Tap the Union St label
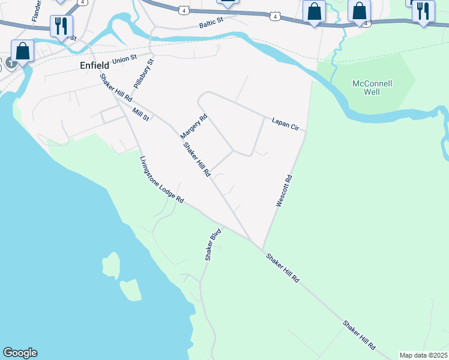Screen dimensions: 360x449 (x=124, y=58)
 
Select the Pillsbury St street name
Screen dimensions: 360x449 (x=144, y=74)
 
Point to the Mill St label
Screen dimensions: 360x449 (x=142, y=115)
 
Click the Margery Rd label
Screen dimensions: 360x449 (x=193, y=127)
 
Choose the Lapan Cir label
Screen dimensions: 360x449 (x=285, y=124)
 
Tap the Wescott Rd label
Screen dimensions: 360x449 (x=283, y=191)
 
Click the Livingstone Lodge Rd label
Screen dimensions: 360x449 (x=160, y=179)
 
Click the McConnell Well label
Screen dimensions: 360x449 (x=372, y=88)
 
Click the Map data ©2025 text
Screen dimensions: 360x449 (x=423, y=355)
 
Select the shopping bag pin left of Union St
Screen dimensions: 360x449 (x=23, y=52)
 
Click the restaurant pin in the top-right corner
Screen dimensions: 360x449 (x=423, y=11)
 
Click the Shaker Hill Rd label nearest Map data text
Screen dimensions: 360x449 (x=359, y=335)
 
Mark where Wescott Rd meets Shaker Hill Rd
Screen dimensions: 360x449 (x=262, y=248)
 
